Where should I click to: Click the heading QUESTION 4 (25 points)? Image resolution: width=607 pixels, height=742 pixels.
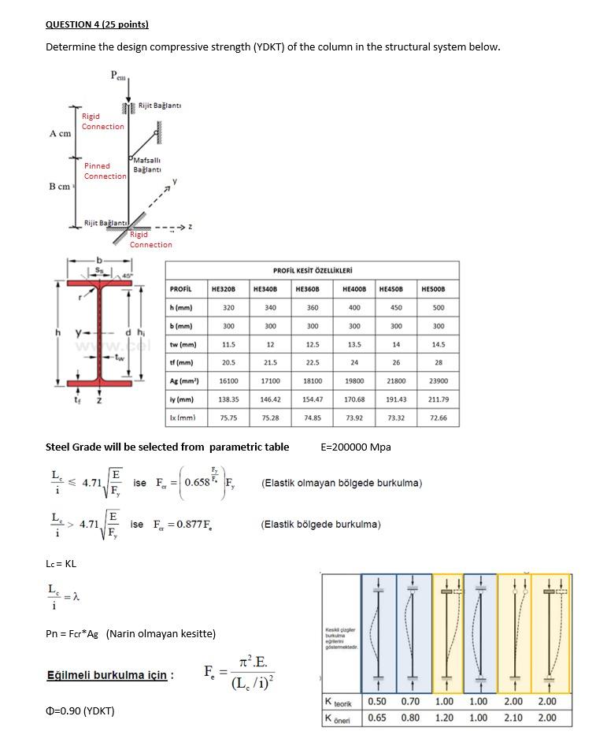pos(97,24)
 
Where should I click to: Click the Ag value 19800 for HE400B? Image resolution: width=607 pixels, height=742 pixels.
pos(354,380)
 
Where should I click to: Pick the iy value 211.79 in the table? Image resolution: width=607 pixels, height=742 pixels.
pos(439,399)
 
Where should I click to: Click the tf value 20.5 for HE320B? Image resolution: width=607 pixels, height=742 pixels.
pos(228,362)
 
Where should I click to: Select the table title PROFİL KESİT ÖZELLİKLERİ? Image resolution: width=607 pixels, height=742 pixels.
pos(313,270)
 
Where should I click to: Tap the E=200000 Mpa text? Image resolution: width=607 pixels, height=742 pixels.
pos(356,447)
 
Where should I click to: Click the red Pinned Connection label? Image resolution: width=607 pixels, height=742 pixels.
pos(105,171)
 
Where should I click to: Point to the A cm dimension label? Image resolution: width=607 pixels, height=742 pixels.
pos(60,133)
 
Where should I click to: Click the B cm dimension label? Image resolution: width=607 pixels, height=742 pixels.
pos(59,187)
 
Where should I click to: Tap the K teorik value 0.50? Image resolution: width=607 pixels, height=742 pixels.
pos(376,701)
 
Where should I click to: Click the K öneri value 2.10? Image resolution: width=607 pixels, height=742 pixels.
pos(513,718)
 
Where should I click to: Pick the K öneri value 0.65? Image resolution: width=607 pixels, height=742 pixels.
pos(376,718)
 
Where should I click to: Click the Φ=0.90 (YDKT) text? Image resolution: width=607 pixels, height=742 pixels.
pos(80,711)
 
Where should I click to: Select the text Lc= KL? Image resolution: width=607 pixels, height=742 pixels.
pos(61,563)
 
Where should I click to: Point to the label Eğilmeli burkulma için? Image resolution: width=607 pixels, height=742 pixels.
pos(109,675)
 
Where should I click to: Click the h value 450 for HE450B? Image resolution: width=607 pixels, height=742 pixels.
pos(396,307)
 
